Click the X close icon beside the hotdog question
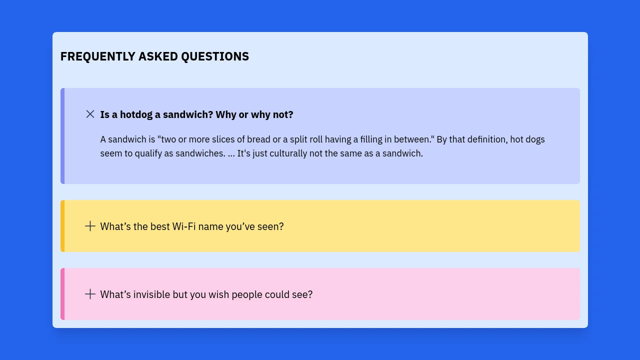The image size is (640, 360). coord(90,114)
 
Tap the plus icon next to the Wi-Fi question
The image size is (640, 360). coord(90,226)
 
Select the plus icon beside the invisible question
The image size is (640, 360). coord(90,294)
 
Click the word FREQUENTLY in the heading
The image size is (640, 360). coord(97,56)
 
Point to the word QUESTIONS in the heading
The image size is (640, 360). coord(215,56)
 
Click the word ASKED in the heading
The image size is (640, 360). coord(158,56)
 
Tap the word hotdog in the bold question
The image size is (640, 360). coord(136,114)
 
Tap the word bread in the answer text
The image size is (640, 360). coord(258,139)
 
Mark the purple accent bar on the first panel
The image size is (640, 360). coord(62,136)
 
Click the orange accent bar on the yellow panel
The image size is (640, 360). coord(62,226)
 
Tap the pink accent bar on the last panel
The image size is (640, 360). coord(62,294)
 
